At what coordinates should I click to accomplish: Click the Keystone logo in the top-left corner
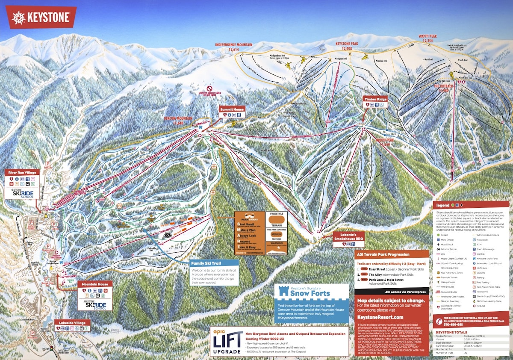[x=41, y=18]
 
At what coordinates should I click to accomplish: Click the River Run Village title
[x=22, y=172]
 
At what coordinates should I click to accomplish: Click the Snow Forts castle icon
[x=282, y=292]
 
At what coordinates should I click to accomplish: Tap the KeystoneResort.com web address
[x=380, y=317]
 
